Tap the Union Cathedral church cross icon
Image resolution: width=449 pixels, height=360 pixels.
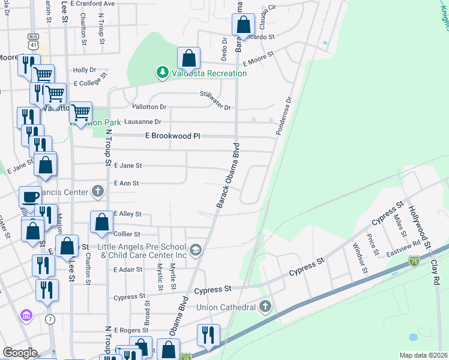265,307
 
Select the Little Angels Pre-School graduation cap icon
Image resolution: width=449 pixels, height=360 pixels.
194,249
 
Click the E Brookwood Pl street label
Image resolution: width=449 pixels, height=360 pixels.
172,136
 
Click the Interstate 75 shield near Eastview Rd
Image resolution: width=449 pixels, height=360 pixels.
414,260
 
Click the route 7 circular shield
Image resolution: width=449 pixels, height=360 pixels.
49,319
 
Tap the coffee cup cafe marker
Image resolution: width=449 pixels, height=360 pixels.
30,196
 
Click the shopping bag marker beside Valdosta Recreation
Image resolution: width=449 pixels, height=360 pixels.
188,59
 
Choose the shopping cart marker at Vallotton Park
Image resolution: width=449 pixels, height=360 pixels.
80,112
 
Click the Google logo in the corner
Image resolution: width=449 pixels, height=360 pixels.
20,353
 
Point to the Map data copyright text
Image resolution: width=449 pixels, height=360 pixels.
423,355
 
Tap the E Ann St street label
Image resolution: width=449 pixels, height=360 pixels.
126,183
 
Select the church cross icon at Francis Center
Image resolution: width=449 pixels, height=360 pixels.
98,192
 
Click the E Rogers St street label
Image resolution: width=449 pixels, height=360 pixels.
127,330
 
